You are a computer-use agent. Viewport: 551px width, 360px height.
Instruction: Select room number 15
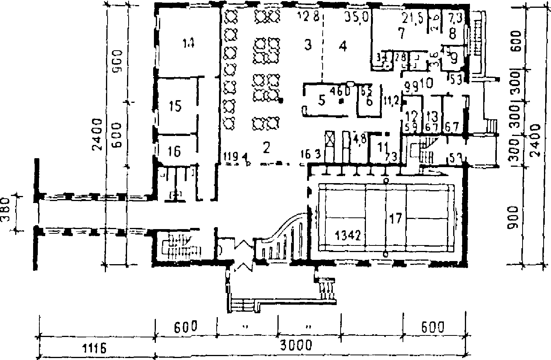[176, 106]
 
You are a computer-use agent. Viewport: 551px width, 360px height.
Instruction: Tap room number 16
[175, 151]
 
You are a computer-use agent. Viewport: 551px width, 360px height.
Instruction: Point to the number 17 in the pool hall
[395, 219]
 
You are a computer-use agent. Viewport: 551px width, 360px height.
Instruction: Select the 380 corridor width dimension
[5, 212]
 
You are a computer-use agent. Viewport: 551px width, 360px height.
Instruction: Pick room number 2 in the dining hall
[267, 147]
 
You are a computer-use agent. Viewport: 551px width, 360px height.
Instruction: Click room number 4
[343, 47]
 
